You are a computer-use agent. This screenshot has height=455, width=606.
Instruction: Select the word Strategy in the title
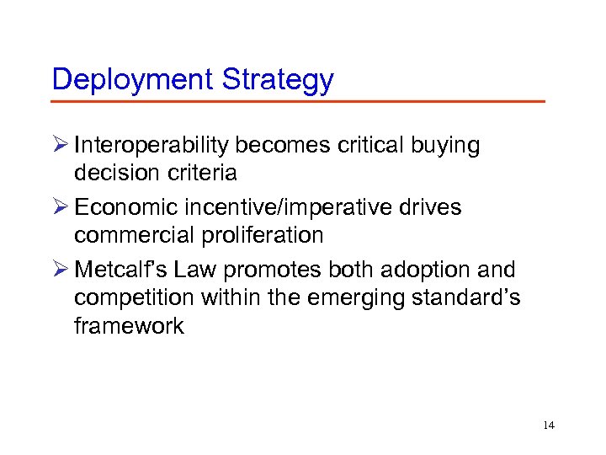(x=277, y=80)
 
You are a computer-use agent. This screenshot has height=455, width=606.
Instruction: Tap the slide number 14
(x=549, y=426)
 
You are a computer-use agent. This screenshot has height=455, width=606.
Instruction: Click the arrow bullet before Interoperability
(x=60, y=146)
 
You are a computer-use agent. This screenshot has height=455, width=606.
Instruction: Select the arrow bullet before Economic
(x=60, y=207)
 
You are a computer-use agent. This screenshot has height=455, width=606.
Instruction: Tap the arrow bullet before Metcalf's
(x=60, y=270)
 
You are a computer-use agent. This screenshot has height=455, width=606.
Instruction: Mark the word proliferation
(x=267, y=235)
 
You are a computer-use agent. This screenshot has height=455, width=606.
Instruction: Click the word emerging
(x=349, y=297)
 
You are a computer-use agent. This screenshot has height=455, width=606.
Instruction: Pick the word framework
(x=129, y=326)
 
